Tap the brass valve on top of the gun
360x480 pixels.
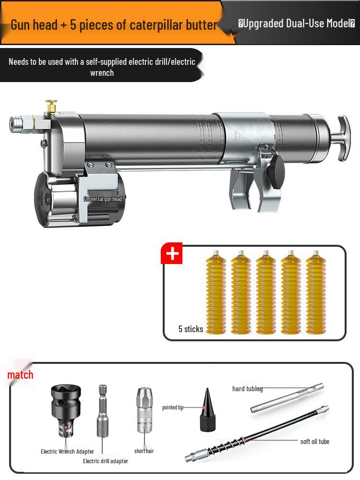(51, 106)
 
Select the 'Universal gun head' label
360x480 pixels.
(103, 199)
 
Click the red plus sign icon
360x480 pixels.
(172, 254)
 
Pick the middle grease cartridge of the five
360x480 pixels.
(265, 293)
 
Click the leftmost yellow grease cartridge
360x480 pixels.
(216, 293)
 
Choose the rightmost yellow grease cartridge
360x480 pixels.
(315, 293)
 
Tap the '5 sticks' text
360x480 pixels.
(191, 329)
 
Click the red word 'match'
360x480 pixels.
(20, 374)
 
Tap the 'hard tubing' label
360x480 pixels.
(247, 389)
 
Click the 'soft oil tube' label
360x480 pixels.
(314, 441)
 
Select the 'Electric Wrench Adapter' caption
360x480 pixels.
(67, 451)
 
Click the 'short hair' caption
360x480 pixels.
(144, 451)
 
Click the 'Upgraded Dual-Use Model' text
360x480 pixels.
(297, 23)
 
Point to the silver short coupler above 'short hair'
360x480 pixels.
(144, 410)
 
